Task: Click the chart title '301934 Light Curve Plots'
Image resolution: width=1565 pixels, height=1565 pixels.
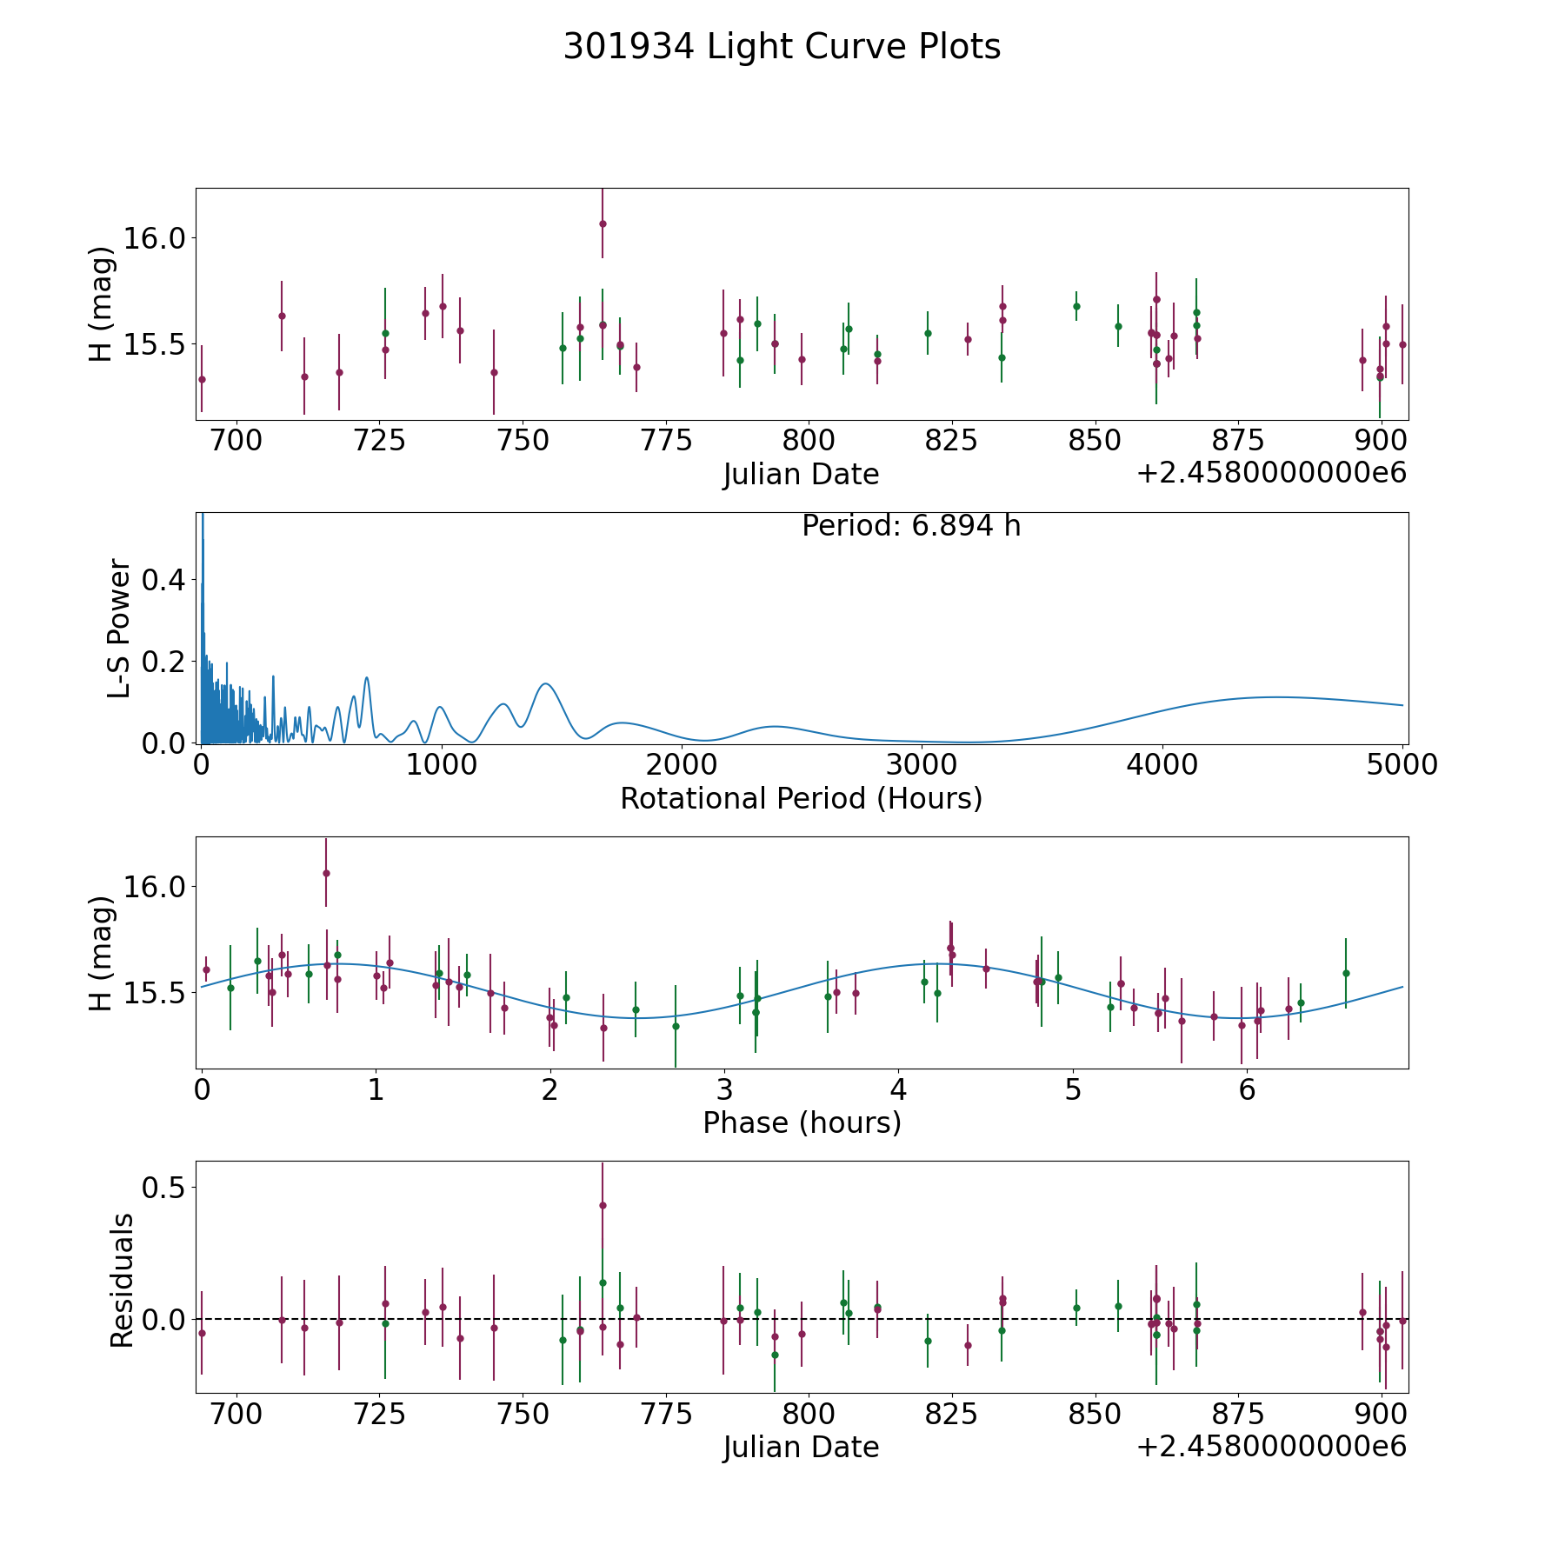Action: (782, 47)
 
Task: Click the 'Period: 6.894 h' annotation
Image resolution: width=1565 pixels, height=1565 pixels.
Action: (910, 526)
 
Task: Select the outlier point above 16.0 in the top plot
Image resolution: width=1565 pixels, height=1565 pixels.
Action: (603, 223)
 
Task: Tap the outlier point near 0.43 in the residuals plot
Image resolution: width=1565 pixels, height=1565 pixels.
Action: (603, 1205)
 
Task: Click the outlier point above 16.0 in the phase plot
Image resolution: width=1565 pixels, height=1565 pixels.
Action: (326, 873)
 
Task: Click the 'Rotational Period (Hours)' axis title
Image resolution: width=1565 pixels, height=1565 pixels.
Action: (801, 798)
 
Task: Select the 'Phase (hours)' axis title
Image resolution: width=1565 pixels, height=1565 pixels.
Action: (801, 1122)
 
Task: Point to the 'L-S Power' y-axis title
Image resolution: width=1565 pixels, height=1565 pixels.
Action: (120, 628)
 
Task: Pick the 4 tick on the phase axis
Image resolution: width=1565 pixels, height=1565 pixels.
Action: (898, 1089)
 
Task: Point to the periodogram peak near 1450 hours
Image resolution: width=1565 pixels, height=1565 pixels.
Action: (545, 684)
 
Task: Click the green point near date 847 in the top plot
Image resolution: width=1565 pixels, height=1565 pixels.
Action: (1076, 306)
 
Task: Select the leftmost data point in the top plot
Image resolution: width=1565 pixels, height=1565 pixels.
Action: (202, 379)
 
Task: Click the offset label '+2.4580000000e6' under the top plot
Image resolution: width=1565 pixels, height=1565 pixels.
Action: (1271, 474)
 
